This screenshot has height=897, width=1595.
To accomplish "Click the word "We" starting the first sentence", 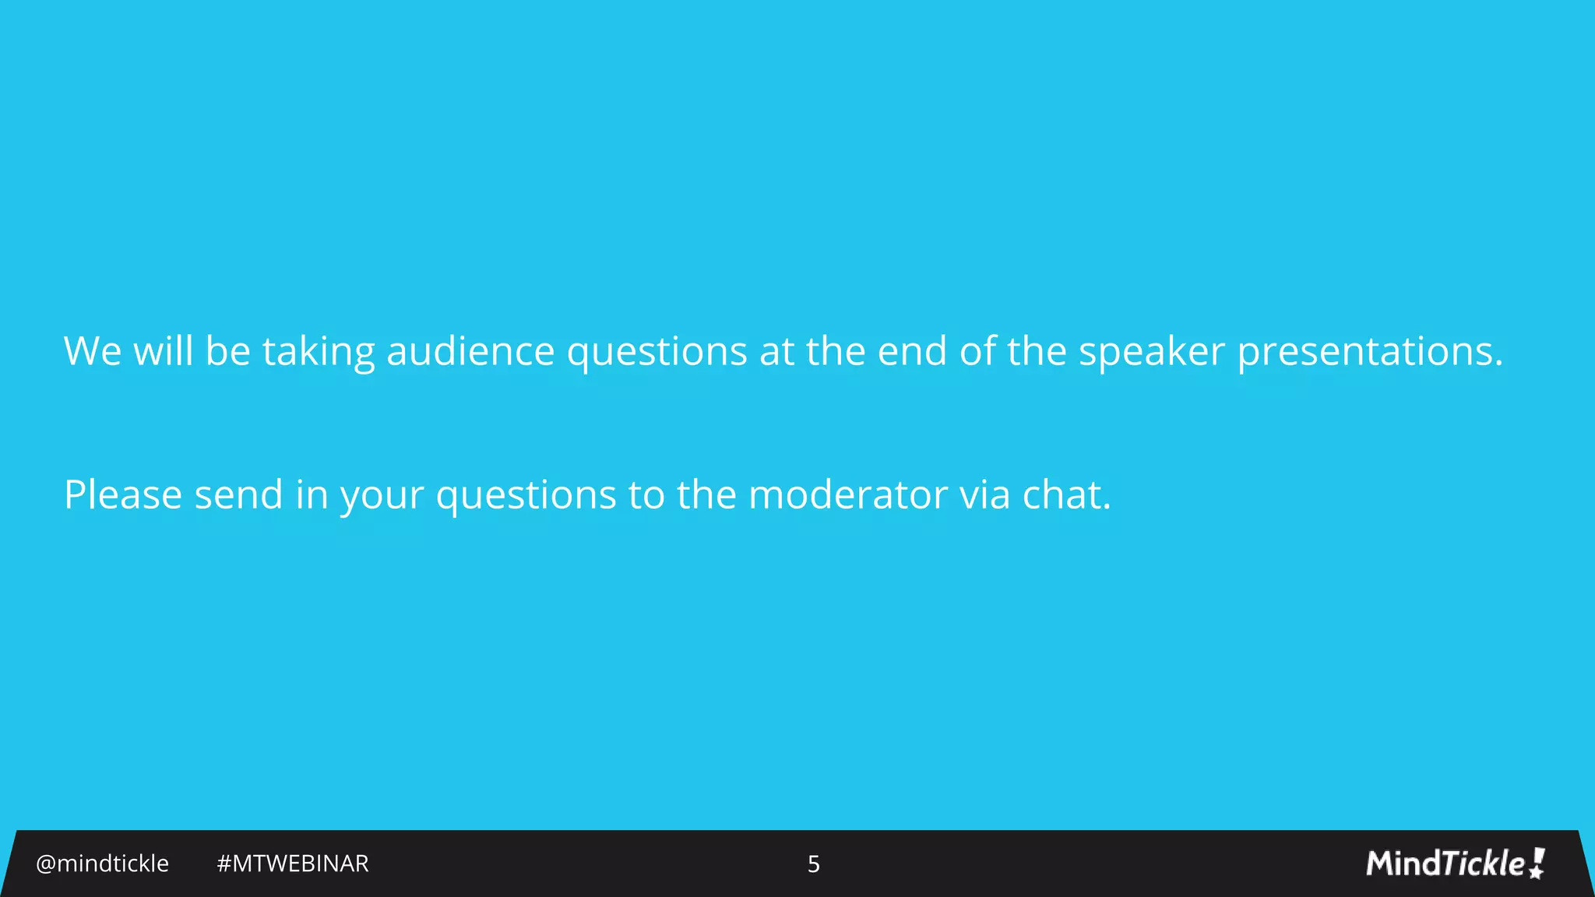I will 92,351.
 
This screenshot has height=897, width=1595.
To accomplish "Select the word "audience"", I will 470,351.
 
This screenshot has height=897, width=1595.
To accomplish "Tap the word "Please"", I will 123,495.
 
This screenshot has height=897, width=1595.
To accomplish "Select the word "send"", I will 238,495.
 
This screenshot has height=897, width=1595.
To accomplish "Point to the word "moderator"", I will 847,495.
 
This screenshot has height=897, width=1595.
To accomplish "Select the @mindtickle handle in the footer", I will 102,864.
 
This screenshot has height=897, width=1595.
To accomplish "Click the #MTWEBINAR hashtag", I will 292,864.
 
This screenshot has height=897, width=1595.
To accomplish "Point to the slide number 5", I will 813,864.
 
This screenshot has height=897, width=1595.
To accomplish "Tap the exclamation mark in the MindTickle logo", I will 1537,863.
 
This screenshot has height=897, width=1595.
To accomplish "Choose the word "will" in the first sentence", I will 163,351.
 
